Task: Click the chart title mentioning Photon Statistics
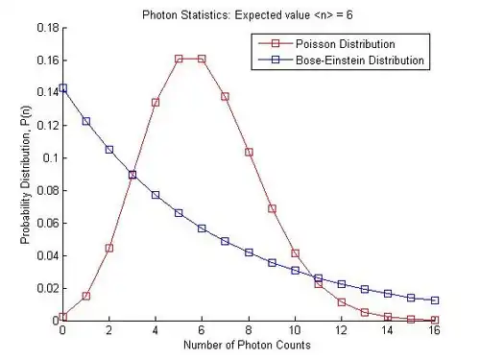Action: point(248,15)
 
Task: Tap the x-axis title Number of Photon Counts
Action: point(247,345)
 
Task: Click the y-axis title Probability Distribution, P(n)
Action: point(26,175)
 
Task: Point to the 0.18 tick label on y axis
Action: point(48,28)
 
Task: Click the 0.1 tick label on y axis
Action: point(51,158)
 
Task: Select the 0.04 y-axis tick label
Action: point(48,255)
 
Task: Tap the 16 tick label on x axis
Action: point(434,329)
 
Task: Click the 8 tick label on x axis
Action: point(249,329)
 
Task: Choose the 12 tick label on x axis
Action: point(342,329)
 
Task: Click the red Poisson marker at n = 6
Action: point(202,59)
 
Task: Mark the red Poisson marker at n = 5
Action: point(179,59)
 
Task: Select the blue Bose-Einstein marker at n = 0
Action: point(63,88)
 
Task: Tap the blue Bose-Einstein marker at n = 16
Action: point(435,300)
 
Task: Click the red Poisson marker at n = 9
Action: point(272,208)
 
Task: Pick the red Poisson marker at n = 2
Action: point(109,248)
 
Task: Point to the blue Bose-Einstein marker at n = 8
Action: point(249,252)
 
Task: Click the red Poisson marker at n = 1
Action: point(86,296)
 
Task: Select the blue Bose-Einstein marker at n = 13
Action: point(365,289)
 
